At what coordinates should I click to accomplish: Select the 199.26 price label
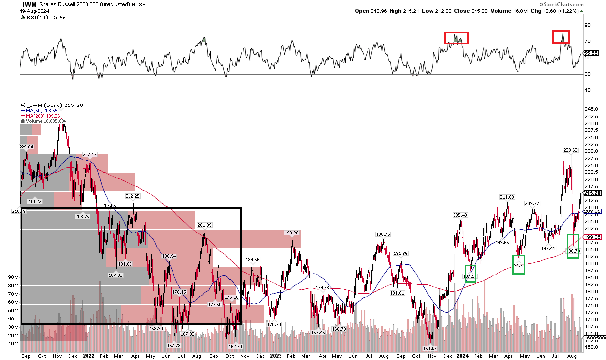(292, 233)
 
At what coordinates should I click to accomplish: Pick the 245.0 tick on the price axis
(591, 109)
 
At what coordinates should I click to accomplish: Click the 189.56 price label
(253, 260)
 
